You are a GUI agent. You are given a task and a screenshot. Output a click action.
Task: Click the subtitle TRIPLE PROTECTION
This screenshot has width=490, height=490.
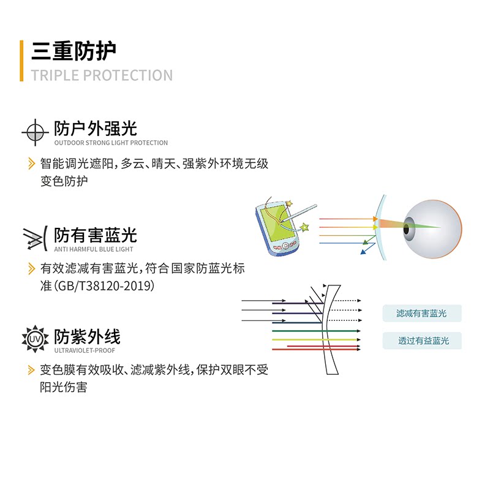pos(102,76)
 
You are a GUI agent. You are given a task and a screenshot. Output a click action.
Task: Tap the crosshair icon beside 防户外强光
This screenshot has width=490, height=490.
pos(35,133)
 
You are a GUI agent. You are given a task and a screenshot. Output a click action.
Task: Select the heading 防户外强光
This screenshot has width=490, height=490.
pos(95,129)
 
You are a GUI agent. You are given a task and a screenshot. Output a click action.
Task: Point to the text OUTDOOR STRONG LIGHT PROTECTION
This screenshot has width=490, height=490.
pos(111,143)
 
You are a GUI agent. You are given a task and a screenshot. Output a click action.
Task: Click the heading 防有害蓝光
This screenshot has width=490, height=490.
pos(95,235)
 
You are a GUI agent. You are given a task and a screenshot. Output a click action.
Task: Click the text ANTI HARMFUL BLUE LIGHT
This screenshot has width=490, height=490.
pos(93,249)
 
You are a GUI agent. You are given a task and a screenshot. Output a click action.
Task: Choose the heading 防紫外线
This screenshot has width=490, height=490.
pos(87,337)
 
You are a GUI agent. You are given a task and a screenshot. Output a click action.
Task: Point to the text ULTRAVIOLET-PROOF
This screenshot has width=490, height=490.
pos(85,351)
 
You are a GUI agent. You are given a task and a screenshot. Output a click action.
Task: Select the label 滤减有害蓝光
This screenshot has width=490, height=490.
pos(421,314)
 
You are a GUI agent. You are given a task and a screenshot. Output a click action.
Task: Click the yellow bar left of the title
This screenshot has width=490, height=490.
pos(22,61)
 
